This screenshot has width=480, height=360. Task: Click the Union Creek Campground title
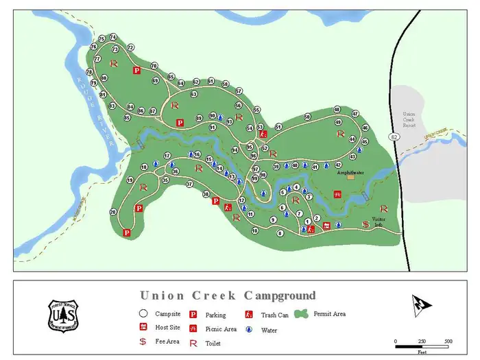point(228,296)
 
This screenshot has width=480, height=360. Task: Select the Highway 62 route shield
point(394,137)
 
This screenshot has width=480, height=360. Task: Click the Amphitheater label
point(350,173)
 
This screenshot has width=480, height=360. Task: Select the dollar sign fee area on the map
point(365,224)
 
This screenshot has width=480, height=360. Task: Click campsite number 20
point(113,213)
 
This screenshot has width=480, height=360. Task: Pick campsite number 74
point(113,37)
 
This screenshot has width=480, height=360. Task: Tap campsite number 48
point(337,110)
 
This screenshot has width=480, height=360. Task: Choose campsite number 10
point(254,231)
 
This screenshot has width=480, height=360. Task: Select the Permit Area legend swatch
point(300,314)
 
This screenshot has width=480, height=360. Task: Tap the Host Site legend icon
point(143,328)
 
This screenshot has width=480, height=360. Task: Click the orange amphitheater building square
point(350,177)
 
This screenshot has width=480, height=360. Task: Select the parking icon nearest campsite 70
point(136,70)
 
